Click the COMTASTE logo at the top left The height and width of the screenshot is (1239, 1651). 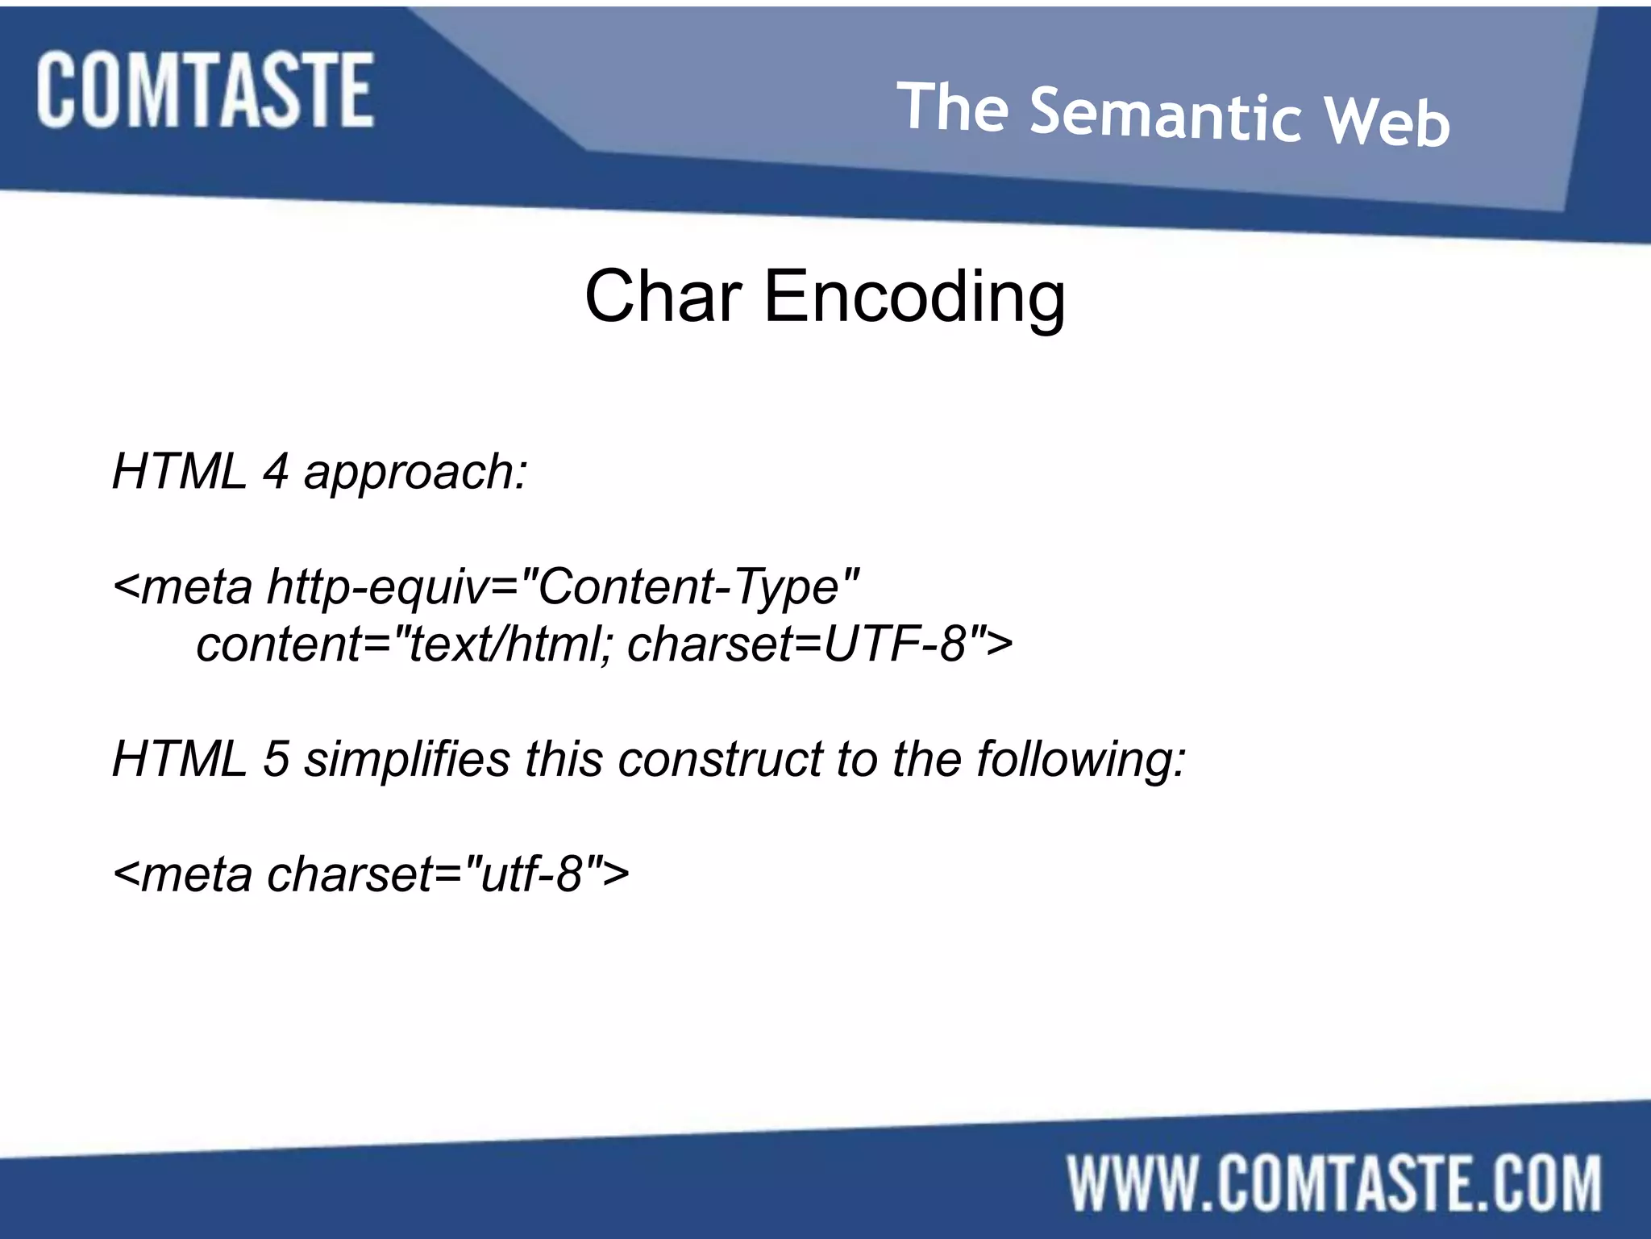(205, 90)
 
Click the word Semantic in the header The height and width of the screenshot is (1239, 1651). (1166, 115)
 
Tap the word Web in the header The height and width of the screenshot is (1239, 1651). (1388, 122)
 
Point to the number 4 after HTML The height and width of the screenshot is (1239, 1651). (275, 471)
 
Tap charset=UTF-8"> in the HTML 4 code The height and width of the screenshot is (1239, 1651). (819, 645)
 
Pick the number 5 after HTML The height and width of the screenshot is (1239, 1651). (276, 759)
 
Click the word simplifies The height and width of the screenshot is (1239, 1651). (407, 759)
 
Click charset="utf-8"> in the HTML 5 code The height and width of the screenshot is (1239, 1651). (447, 874)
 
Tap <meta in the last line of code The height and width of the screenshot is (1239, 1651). (183, 874)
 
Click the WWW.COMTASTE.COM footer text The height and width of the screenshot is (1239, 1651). (1335, 1183)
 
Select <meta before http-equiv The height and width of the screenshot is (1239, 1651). (183, 587)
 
